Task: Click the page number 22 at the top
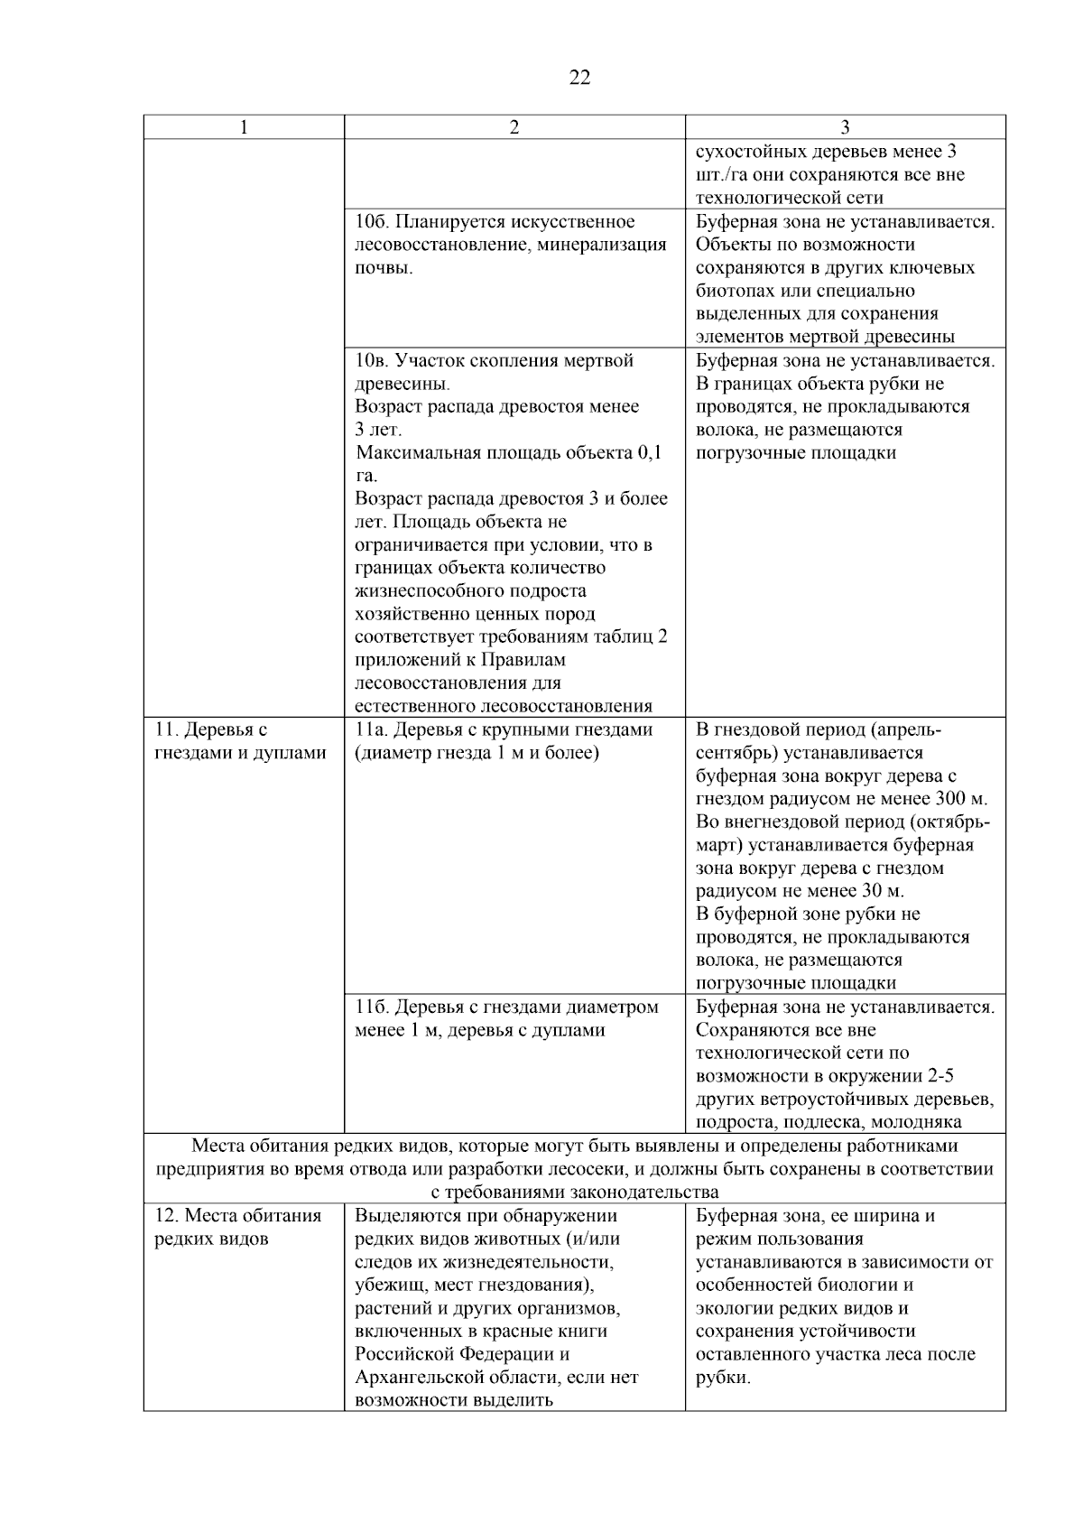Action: tap(579, 78)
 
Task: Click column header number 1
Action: tap(244, 128)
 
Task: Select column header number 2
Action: tap(514, 128)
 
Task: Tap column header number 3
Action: tap(845, 128)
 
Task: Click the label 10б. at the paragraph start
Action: tap(372, 222)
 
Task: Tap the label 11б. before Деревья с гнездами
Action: tap(371, 1007)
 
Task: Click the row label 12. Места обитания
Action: tap(238, 1215)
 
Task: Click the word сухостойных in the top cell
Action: tap(748, 152)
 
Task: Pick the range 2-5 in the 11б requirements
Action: tap(939, 1076)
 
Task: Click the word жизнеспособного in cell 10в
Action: tap(470, 591)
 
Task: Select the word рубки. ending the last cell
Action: tap(723, 1378)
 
